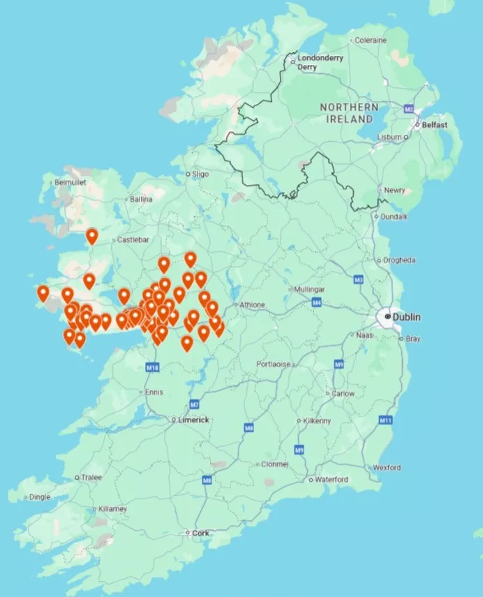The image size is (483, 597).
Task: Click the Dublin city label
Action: coord(406,317)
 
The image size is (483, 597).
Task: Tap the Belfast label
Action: coord(434,125)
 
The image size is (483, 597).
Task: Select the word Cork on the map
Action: coord(200,533)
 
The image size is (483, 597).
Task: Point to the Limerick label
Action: coord(193,420)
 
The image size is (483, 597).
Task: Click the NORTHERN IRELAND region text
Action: coord(349,113)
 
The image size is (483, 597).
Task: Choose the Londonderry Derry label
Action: coord(320,62)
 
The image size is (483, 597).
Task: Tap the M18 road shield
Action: coord(153,367)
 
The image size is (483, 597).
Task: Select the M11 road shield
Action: coord(385,420)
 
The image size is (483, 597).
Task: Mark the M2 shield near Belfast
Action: coord(409,110)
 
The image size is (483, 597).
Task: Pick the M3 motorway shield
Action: coord(359,280)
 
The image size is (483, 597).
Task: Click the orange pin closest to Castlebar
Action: coord(92,236)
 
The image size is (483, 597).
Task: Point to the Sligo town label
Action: coord(200,173)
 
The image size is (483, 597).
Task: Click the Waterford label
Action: coord(332,480)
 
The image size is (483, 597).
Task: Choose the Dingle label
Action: coord(38,497)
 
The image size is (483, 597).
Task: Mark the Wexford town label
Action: coord(386,467)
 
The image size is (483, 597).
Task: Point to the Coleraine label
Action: coord(370,40)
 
